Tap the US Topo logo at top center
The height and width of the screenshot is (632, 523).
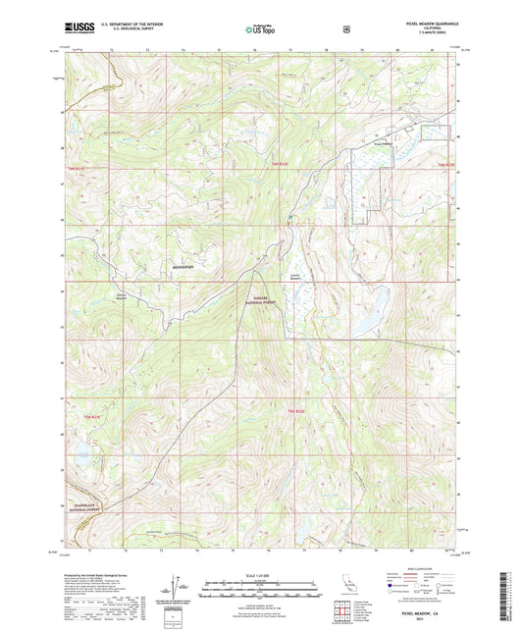[x=260, y=30]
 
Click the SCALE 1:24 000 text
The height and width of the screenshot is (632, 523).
[x=261, y=574]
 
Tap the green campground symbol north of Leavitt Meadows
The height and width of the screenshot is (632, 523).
[x=289, y=217]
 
